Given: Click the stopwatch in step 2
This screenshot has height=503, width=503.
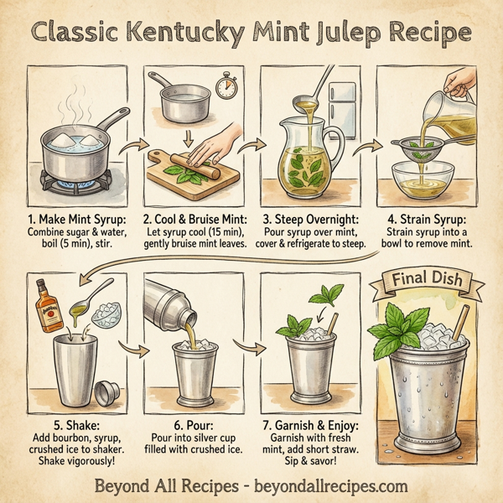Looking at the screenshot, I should click(226, 86).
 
